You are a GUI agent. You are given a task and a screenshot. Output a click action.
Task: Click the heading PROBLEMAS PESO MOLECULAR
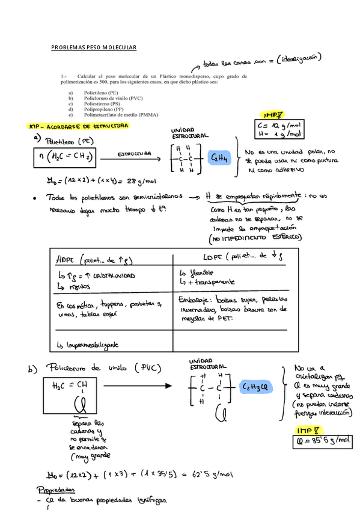pyautogui.click(x=94, y=48)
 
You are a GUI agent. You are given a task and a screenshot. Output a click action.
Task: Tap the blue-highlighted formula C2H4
pyautogui.click(x=218, y=158)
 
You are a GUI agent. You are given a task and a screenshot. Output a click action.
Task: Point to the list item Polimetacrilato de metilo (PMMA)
pyautogui.click(x=121, y=115)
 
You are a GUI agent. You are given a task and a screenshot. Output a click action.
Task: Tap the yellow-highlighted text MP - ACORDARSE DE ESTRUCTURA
pyautogui.click(x=79, y=126)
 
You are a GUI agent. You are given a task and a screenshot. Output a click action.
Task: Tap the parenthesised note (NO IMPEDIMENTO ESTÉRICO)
pyautogui.click(x=257, y=238)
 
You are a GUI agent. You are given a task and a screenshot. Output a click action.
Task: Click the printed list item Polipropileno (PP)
pyautogui.click(x=104, y=109)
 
